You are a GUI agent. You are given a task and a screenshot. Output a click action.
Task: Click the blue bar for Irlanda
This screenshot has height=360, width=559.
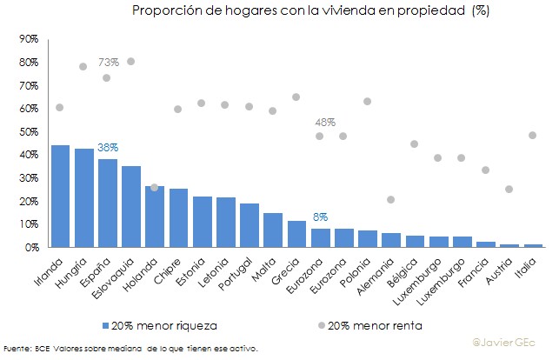click(x=60, y=197)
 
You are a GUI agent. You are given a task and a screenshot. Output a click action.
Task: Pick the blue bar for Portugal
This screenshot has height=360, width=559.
click(x=249, y=225)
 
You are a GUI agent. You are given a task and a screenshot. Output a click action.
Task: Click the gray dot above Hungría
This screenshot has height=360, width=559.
click(x=83, y=66)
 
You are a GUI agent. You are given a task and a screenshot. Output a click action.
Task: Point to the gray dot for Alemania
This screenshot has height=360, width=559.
click(x=390, y=200)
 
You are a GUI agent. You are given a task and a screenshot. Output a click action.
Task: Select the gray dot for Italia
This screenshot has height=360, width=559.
click(x=532, y=135)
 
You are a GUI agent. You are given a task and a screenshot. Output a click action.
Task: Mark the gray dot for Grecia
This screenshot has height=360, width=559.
click(x=296, y=97)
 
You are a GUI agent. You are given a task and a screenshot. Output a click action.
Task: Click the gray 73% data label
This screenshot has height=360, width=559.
click(x=109, y=63)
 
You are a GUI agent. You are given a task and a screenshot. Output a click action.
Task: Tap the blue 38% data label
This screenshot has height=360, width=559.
click(x=108, y=148)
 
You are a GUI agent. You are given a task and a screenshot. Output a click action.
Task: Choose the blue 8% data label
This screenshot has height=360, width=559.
click(x=320, y=217)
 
